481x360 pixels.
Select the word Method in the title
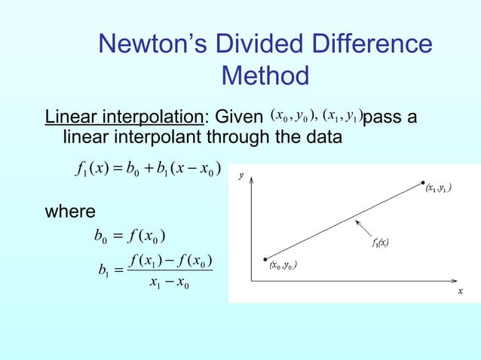pyautogui.click(x=266, y=75)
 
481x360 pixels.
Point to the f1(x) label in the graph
pyautogui.click(x=380, y=243)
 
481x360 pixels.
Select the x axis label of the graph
pyautogui.click(x=460, y=291)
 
